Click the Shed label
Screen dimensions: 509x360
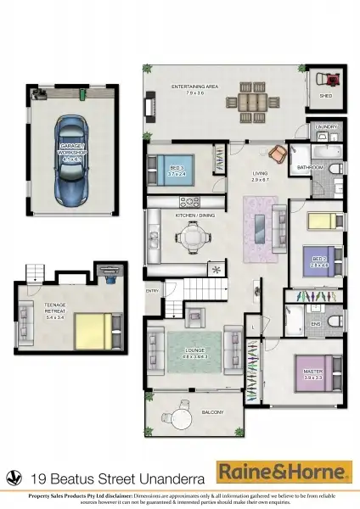pyautogui.click(x=326, y=96)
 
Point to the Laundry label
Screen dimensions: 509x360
pyautogui.click(x=327, y=127)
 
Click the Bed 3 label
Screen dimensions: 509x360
pyautogui.click(x=177, y=170)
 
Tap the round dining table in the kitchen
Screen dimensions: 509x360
pyautogui.click(x=195, y=240)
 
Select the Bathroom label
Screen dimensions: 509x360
pyautogui.click(x=311, y=168)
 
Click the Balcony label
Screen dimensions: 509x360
pyautogui.click(x=212, y=412)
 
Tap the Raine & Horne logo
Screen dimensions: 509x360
pyautogui.click(x=284, y=471)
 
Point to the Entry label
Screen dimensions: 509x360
pyautogui.click(x=153, y=291)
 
